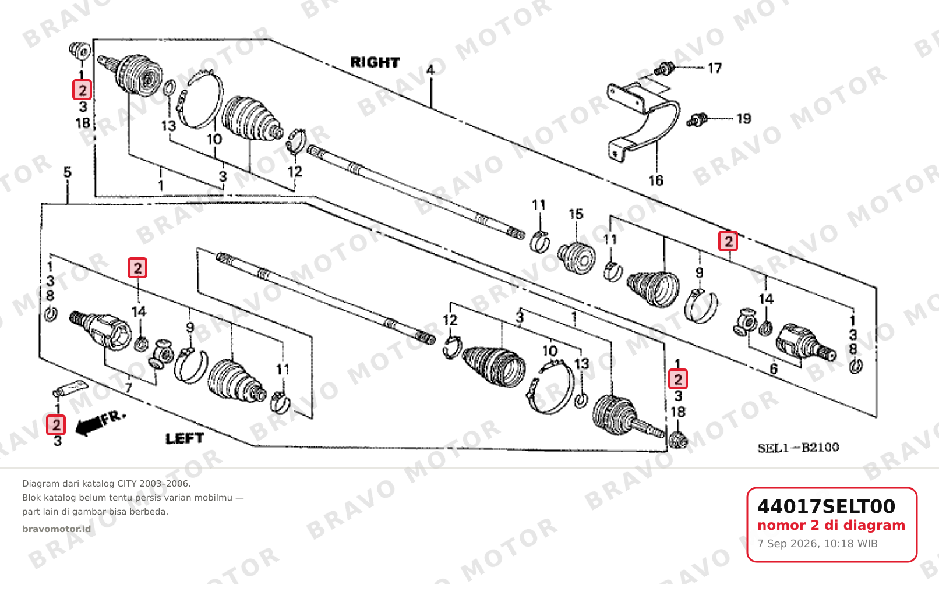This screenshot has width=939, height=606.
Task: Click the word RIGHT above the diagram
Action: (x=375, y=62)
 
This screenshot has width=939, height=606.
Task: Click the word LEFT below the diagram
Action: (x=185, y=438)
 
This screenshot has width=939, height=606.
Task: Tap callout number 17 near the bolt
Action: (x=715, y=68)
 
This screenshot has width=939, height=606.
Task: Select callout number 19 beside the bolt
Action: (x=744, y=119)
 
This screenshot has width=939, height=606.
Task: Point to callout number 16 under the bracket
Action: (x=656, y=180)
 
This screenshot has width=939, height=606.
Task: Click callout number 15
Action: (x=576, y=214)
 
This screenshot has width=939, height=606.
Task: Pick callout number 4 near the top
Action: (x=430, y=70)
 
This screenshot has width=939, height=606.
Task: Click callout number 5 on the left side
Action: (x=68, y=172)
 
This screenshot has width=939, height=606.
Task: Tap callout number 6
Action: (x=774, y=369)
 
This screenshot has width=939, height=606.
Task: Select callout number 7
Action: (x=128, y=388)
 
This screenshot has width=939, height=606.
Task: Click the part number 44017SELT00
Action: (x=826, y=506)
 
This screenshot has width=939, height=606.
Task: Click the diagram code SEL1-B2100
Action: (x=798, y=448)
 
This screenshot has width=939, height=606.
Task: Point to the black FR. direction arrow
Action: (x=90, y=427)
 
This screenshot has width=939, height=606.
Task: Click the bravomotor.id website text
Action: (x=57, y=529)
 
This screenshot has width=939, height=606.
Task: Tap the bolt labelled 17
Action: (x=664, y=69)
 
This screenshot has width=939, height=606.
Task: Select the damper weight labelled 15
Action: (x=577, y=257)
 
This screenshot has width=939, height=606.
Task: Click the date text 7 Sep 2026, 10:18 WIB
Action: (x=817, y=544)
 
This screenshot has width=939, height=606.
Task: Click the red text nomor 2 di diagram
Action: (x=831, y=525)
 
